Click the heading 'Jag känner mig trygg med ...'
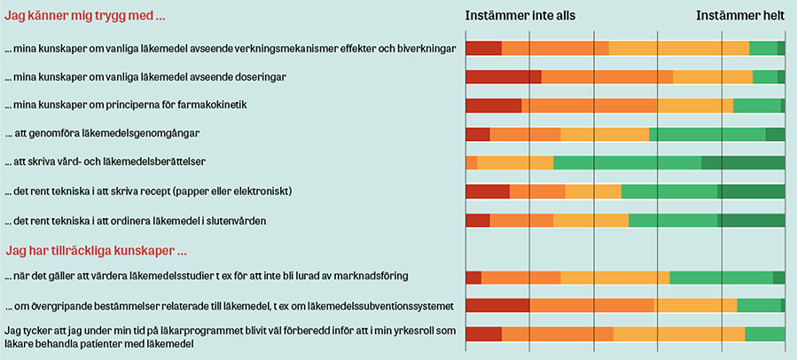click(x=85, y=16)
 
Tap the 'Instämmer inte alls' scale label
click(x=520, y=16)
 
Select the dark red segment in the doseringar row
click(x=503, y=77)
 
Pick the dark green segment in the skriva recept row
click(x=750, y=192)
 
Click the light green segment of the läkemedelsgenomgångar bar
click(x=707, y=135)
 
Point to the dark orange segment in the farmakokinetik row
click(x=589, y=106)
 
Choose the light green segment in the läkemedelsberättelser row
click(x=627, y=163)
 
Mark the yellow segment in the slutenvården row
click(x=591, y=220)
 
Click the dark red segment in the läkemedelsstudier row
click(x=473, y=278)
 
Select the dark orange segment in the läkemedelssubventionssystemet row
click(x=591, y=306)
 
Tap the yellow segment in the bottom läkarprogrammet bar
click(x=678, y=334)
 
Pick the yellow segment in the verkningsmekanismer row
click(x=678, y=49)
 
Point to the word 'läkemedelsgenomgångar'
click(x=137, y=134)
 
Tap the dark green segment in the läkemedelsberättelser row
click(x=742, y=163)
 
